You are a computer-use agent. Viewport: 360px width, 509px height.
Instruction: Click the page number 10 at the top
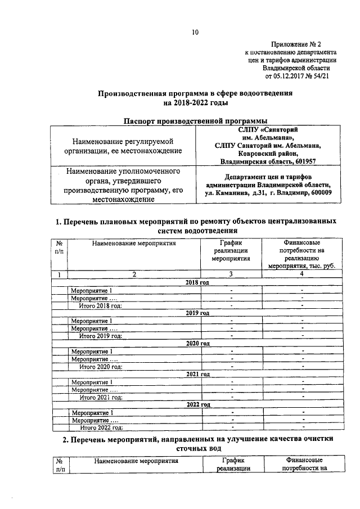click(195, 32)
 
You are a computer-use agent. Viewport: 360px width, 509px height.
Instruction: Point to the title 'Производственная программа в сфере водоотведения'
click(195, 93)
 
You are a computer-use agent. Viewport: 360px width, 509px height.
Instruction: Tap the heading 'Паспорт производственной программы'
click(195, 120)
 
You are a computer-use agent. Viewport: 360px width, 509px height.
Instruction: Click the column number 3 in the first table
click(232, 274)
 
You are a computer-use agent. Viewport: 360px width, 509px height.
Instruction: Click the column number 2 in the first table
click(134, 274)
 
